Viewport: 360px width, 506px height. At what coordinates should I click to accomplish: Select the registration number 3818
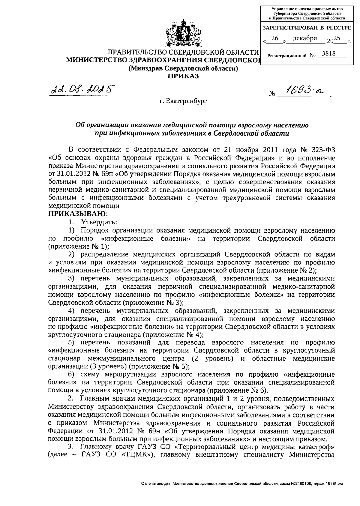pos(328,54)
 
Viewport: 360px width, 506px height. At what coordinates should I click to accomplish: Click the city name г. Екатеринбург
pos(183,101)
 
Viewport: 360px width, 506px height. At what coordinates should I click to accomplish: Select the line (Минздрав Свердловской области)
pos(183,69)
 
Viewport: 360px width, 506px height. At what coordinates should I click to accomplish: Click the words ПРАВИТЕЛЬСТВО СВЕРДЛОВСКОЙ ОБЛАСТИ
pos(183,53)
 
